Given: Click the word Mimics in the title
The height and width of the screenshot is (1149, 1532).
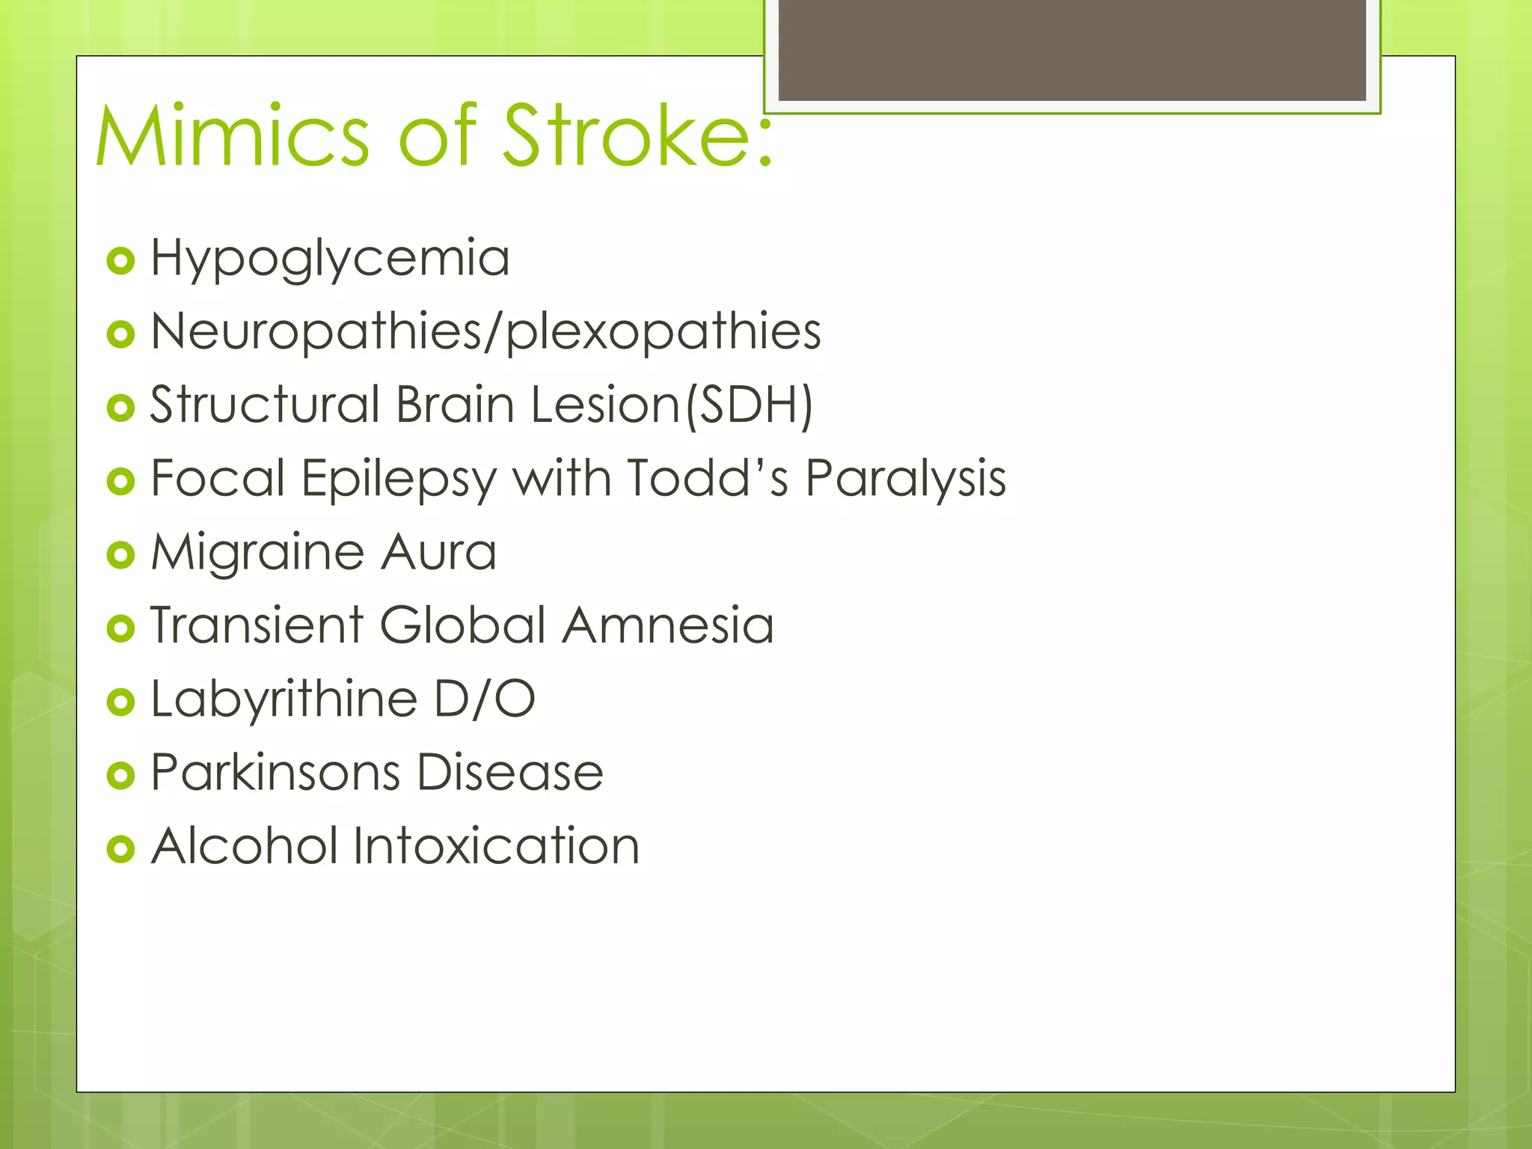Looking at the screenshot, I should click(233, 137).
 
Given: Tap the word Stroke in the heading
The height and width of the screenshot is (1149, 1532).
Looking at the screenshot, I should click(636, 137).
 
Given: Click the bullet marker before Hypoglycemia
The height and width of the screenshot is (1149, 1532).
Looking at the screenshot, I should click(120, 261).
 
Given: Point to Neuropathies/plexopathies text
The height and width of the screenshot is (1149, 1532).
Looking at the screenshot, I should click(485, 332).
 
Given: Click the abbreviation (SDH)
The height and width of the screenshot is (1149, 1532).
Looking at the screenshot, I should click(749, 405).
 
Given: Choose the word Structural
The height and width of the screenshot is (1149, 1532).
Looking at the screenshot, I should click(265, 405).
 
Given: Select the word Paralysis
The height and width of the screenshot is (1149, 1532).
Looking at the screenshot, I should click(906, 479).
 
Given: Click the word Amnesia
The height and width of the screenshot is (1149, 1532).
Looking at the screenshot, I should click(668, 625).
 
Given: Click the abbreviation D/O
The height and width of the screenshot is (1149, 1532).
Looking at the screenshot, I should click(485, 699).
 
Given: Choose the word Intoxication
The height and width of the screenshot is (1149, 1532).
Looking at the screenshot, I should click(496, 846).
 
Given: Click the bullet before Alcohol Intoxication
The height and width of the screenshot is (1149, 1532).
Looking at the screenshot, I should click(120, 849).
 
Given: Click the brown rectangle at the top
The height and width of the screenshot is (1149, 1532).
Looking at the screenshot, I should click(1072, 50).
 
